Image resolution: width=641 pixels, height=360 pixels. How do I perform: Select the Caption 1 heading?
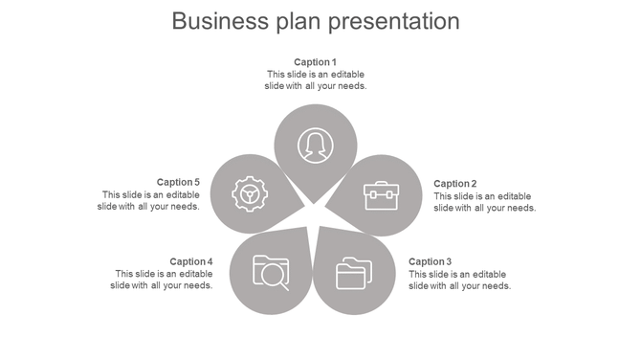click(315, 62)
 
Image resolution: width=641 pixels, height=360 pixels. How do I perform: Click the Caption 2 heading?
click(454, 184)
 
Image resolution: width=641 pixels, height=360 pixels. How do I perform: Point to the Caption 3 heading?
click(430, 261)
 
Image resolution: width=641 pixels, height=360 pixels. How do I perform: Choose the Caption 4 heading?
click(190, 261)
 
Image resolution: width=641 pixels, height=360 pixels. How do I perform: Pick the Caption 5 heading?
click(178, 182)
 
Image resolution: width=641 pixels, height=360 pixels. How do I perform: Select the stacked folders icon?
click(353, 273)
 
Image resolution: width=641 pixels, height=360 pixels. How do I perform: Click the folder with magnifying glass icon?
click(271, 271)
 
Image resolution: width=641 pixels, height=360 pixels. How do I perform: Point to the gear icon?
click(250, 194)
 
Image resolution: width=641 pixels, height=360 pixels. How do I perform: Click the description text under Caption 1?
click(315, 80)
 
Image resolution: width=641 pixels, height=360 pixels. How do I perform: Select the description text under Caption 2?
click(484, 202)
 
